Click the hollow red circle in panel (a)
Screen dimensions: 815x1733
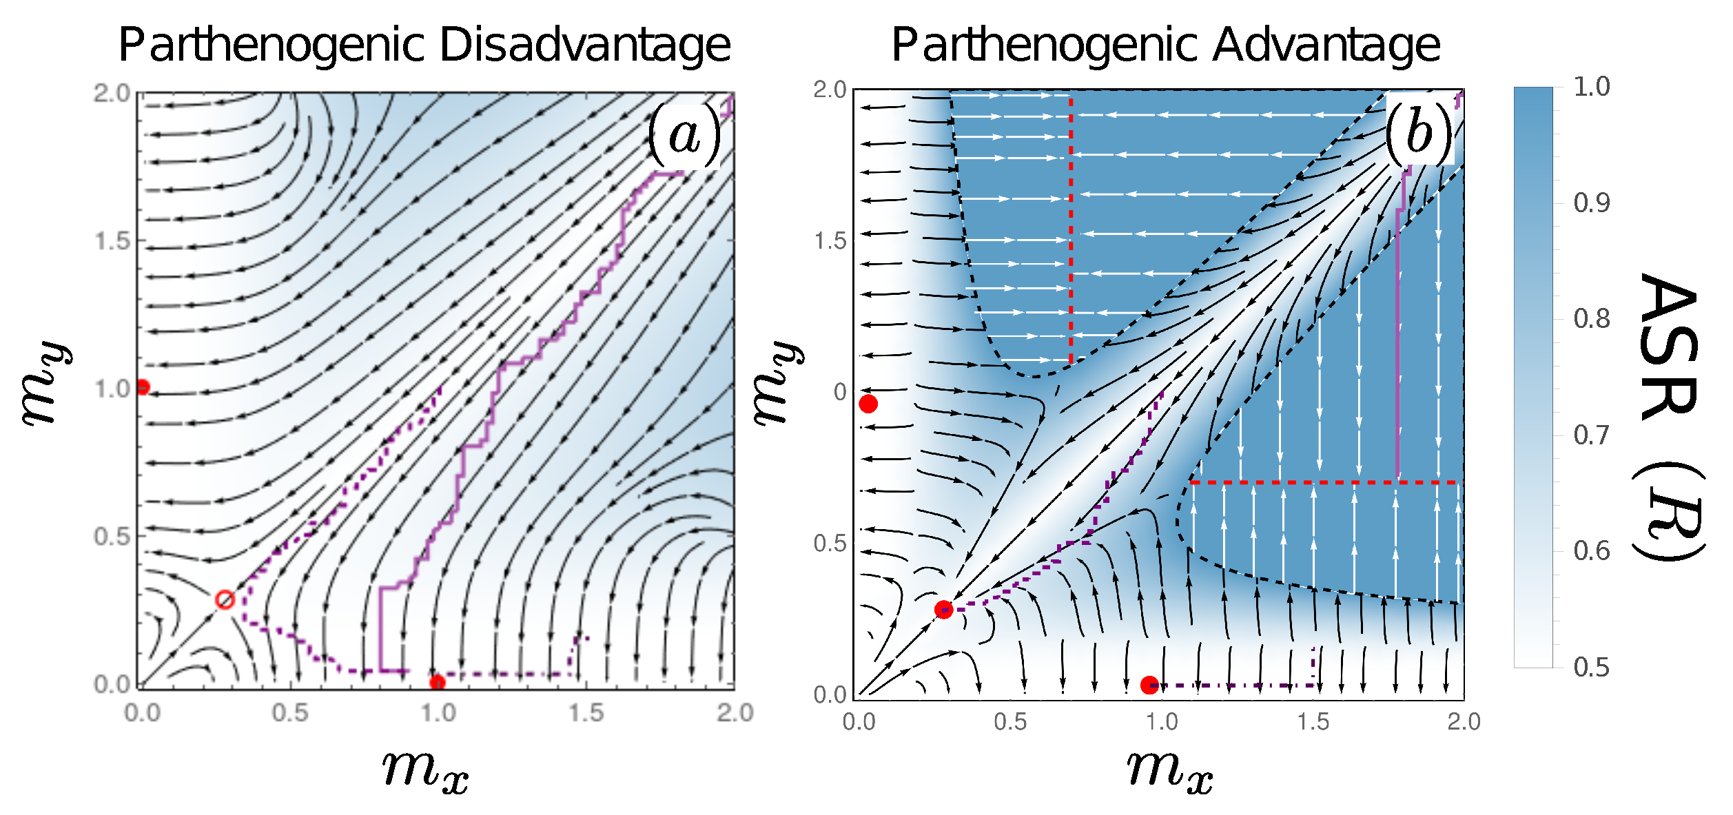point(225,599)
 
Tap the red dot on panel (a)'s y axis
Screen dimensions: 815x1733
point(143,387)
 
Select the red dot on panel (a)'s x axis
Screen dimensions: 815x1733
point(437,683)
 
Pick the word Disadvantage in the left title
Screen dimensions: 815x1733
point(584,45)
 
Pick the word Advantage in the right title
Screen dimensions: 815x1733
point(1326,45)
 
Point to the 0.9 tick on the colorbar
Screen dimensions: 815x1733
point(1592,203)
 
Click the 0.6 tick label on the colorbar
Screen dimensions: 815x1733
point(1592,551)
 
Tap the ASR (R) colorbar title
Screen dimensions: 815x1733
point(1668,417)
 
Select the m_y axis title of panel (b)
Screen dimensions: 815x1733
point(777,383)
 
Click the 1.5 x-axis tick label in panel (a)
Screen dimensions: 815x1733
point(586,712)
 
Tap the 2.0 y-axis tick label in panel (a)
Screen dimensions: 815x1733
point(112,93)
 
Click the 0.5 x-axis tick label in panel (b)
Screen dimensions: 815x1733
point(1009,722)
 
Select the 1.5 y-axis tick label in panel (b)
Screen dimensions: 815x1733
point(830,241)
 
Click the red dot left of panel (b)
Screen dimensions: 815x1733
point(868,404)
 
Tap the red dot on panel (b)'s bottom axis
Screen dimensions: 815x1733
point(1149,685)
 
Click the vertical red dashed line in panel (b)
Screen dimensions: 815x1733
point(1071,227)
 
